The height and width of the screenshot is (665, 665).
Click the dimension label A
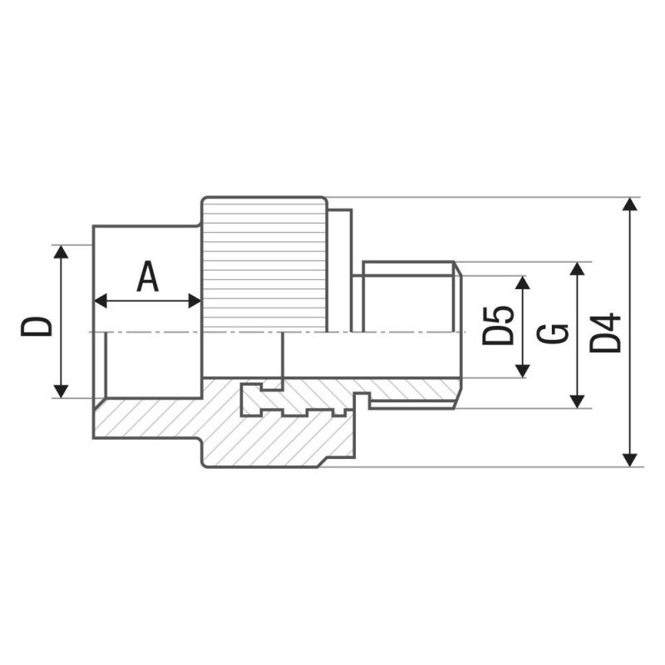(x=148, y=277)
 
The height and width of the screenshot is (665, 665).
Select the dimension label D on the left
(x=37, y=327)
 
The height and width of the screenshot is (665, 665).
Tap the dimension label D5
(x=498, y=325)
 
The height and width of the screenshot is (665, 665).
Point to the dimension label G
(x=552, y=334)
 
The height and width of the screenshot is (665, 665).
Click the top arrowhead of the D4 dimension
(x=630, y=204)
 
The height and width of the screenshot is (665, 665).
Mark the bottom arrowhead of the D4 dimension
(x=630, y=461)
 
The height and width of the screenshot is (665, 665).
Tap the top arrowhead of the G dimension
(x=577, y=268)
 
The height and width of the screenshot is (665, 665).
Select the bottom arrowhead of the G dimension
(x=577, y=401)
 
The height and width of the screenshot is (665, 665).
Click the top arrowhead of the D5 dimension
(x=523, y=283)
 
